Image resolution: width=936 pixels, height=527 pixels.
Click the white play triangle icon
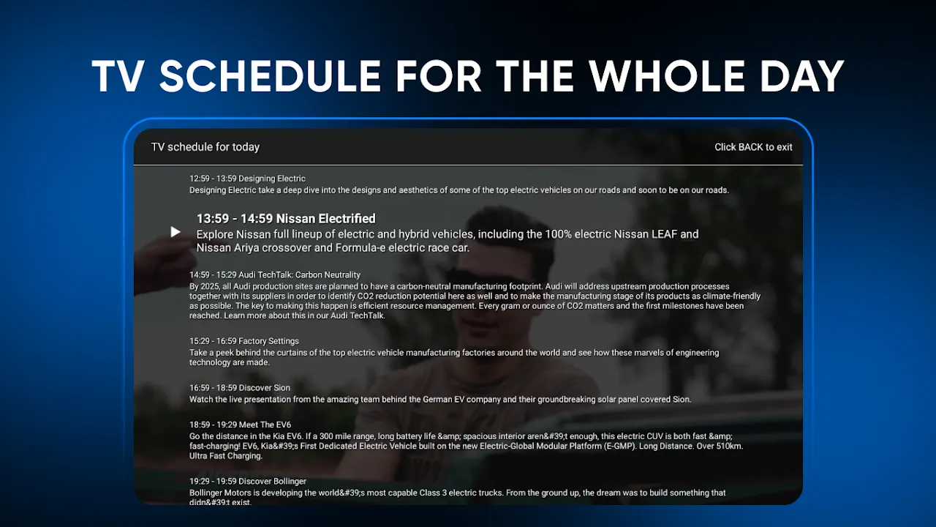coord(175,232)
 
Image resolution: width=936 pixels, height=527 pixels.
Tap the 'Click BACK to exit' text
coord(753,147)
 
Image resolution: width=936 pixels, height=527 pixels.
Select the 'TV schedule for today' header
coord(205,147)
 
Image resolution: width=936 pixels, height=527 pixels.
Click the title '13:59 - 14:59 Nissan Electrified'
coord(286,219)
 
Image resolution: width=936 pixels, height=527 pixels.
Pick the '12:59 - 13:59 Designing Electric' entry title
coord(247,179)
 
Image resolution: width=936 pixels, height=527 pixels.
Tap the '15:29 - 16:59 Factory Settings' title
coord(244,341)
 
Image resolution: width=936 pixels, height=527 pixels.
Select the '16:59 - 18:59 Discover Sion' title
coord(240,388)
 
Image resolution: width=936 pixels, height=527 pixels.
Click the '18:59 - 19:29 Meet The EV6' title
coord(241,425)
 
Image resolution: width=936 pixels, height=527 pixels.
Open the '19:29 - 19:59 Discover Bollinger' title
coord(248,482)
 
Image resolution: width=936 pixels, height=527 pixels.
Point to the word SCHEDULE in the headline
coord(270,76)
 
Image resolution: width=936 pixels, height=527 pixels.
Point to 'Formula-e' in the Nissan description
coord(361,248)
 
